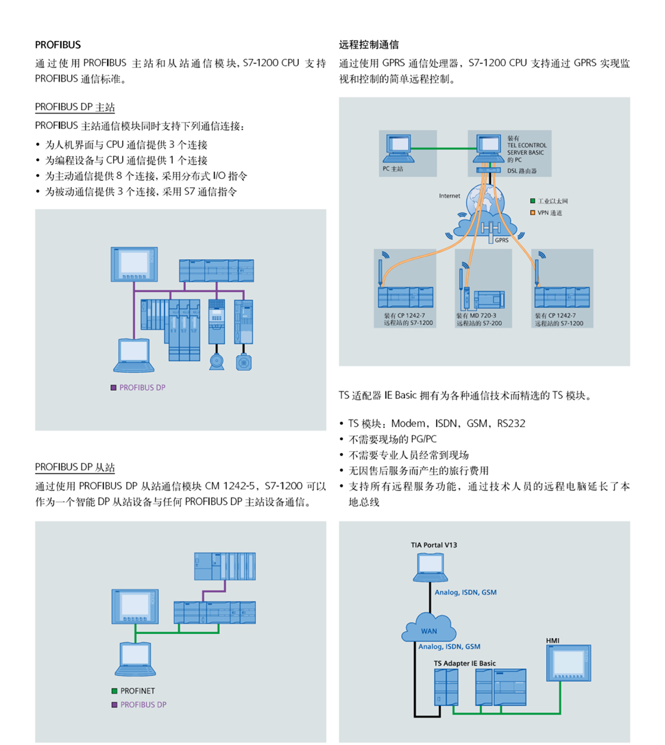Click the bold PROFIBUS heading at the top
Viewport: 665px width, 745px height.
coord(58,45)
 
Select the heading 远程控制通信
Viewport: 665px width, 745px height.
coord(369,45)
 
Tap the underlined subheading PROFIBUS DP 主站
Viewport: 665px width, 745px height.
coord(75,108)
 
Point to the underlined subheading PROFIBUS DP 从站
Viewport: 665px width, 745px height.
coord(75,467)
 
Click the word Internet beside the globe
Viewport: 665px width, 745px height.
coord(450,196)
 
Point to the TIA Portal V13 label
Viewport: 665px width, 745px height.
coord(434,545)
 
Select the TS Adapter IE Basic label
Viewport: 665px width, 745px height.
coord(464,663)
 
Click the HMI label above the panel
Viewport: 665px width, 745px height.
coord(553,641)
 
